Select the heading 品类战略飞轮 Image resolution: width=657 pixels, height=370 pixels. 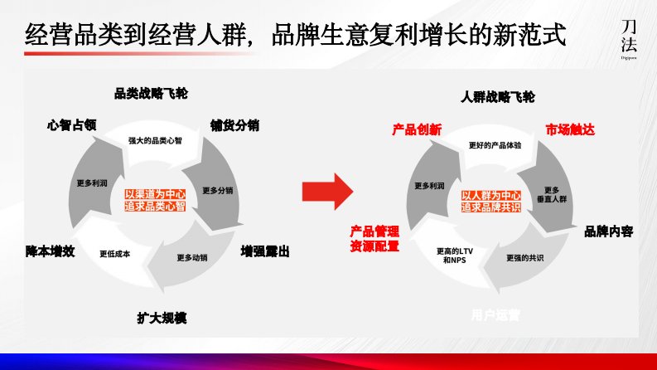(151, 93)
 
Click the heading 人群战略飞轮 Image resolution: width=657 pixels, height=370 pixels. (497, 97)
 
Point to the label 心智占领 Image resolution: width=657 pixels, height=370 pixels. (72, 125)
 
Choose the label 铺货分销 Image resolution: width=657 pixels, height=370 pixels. (234, 126)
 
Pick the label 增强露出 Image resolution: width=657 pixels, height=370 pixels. (264, 251)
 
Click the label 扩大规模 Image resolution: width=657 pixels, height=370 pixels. (162, 317)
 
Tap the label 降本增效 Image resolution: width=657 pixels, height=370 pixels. (50, 251)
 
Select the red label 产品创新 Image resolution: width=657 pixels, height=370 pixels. (417, 130)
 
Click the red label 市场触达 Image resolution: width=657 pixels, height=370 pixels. (570, 130)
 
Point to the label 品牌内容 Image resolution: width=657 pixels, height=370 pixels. (609, 231)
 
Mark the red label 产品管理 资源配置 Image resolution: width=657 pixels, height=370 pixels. (374, 238)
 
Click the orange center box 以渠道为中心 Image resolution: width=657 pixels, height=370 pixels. (155, 199)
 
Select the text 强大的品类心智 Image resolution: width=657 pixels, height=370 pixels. (155, 140)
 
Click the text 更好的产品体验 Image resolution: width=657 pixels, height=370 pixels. (495, 145)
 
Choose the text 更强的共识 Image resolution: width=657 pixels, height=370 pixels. (524, 258)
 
